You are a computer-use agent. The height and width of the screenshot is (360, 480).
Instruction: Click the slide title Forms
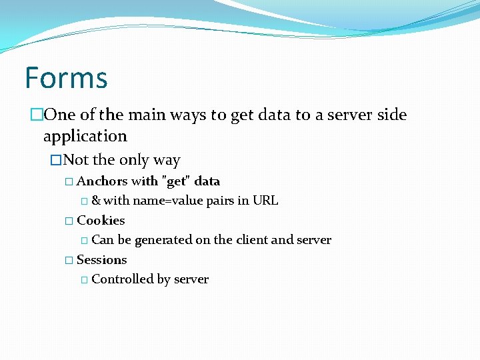coord(66,77)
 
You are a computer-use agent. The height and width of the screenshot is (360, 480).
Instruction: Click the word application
coord(85,137)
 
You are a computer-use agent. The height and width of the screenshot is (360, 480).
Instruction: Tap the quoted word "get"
coord(177,181)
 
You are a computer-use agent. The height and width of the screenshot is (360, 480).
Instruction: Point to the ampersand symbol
coord(96,201)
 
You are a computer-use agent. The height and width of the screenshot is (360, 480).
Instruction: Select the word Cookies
coord(101,221)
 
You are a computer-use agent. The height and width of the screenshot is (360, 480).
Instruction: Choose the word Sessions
coord(102,260)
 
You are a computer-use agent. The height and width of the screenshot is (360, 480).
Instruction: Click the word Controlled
coord(122,279)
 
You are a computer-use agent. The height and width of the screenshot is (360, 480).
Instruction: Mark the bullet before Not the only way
coord(56,161)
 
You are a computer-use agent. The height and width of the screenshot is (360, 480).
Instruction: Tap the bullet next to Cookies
coord(69,221)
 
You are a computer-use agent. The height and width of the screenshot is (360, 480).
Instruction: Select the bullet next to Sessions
coord(69,260)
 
